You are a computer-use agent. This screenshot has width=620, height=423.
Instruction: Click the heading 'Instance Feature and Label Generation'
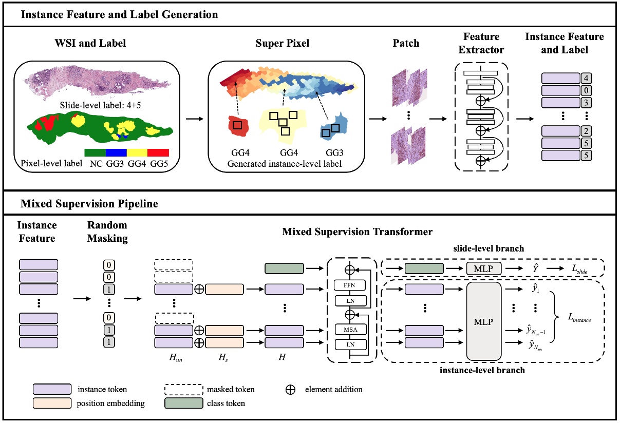(119, 14)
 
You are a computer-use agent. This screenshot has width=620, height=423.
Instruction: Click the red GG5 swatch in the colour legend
(158, 153)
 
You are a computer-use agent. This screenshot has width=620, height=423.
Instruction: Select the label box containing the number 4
(586, 79)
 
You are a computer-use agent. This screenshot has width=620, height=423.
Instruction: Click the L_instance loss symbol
(576, 319)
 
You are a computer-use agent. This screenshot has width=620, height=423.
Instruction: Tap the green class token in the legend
(183, 403)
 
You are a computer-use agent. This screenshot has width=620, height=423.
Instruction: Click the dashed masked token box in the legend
(183, 390)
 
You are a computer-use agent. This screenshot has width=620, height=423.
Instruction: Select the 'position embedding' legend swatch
(52, 403)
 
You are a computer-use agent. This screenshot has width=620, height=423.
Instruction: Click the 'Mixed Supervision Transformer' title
(357, 232)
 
